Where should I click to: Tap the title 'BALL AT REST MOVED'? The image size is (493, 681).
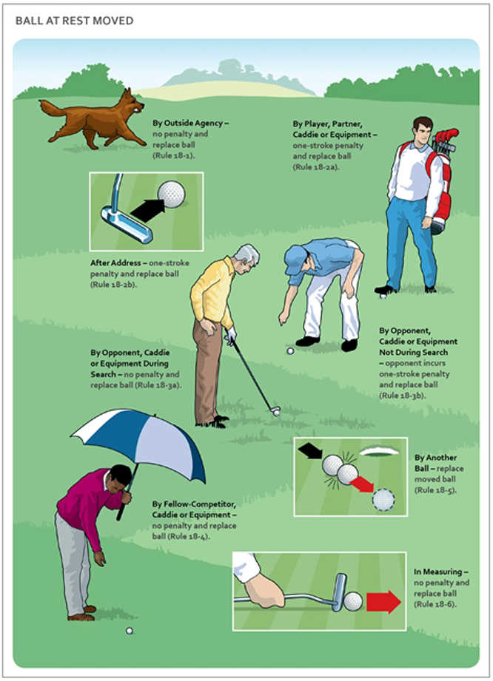[74, 21]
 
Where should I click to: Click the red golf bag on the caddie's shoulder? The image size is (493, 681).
[441, 178]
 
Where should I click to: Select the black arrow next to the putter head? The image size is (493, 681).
[148, 209]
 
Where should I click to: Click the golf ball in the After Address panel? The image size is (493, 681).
[171, 194]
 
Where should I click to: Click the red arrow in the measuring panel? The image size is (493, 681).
[383, 602]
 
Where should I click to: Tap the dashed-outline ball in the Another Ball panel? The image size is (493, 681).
[383, 499]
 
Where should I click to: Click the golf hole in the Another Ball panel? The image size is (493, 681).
[379, 453]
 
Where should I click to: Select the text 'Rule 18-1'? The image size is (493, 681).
[173, 155]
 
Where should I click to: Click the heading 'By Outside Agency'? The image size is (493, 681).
[188, 123]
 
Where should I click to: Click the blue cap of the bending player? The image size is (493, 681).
[295, 260]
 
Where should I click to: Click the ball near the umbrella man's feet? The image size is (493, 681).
[129, 631]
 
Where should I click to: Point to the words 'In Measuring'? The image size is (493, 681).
[437, 572]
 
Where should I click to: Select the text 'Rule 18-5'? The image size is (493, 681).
[435, 490]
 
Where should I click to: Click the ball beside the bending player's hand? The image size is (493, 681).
[290, 351]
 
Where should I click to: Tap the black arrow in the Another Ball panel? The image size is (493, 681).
[310, 451]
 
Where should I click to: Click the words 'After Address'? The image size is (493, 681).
[115, 262]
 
